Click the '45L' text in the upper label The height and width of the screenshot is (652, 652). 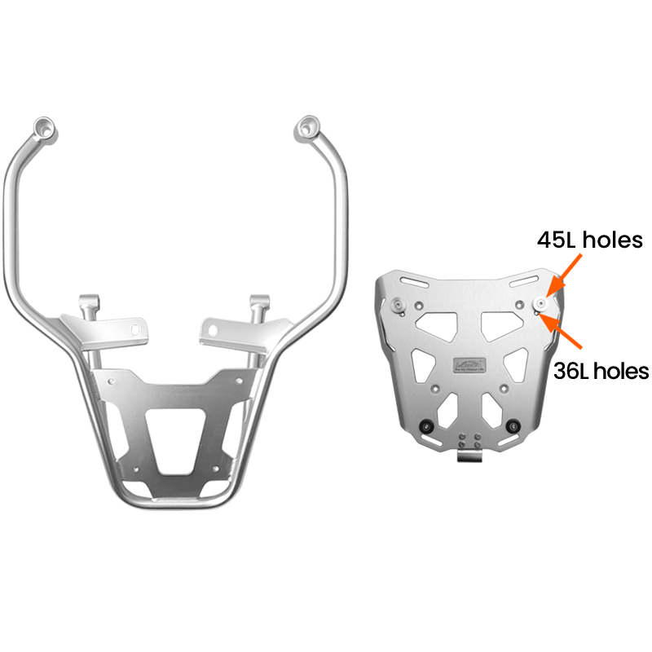coord(557,240)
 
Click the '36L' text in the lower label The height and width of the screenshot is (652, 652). coord(570,371)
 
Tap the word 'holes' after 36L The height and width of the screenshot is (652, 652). coord(623,371)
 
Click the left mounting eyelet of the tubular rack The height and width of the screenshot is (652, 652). coord(43,127)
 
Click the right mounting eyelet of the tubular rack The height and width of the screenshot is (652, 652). coord(307,126)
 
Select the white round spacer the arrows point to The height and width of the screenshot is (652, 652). coord(540,303)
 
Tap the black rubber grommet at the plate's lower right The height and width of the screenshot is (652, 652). coord(513,426)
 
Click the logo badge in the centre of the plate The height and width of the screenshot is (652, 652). coord(468,363)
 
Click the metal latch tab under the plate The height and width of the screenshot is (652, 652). coord(468,456)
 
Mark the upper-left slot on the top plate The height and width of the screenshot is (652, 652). coord(412,284)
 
